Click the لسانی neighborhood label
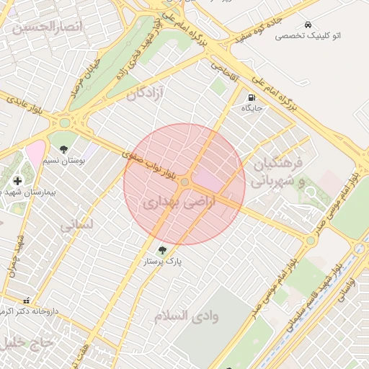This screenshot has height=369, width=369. click(x=77, y=226)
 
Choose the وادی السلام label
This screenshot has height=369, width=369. click(x=187, y=316)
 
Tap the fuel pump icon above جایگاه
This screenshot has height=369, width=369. click(x=251, y=97)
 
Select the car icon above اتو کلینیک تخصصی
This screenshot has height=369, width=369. click(x=308, y=24)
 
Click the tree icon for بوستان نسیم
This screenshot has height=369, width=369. click(x=65, y=149)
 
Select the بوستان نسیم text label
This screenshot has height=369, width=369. click(x=65, y=161)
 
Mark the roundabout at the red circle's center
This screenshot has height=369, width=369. click(x=185, y=182)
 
